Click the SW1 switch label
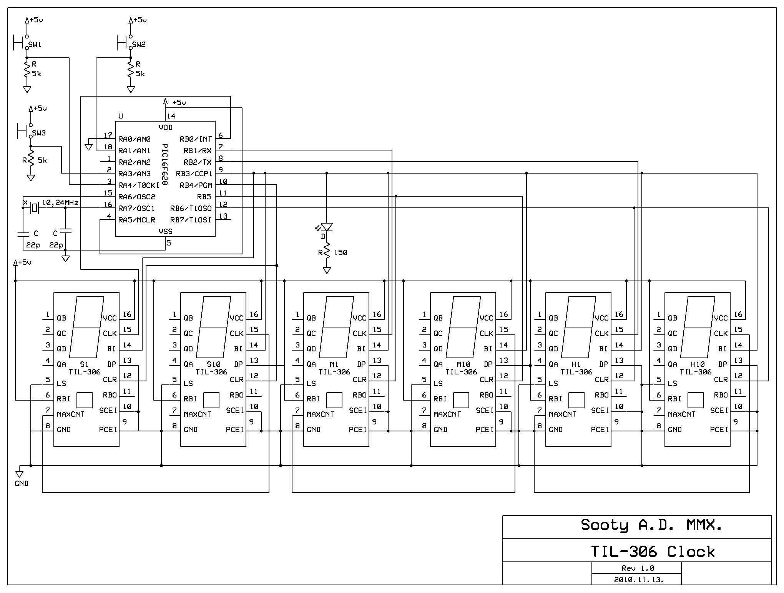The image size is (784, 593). point(35,45)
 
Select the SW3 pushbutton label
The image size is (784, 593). point(39,133)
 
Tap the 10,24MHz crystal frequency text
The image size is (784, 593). point(60,202)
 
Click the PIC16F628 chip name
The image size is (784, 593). point(164,164)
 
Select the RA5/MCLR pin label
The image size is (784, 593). point(137,220)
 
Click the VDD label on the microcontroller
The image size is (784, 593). point(166,127)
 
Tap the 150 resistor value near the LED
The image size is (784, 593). point(341,253)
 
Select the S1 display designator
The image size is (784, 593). point(84,364)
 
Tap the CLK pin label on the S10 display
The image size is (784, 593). point(237,333)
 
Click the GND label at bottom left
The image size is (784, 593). point(22,484)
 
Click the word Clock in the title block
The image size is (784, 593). point(691,552)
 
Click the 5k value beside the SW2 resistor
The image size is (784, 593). point(140,73)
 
